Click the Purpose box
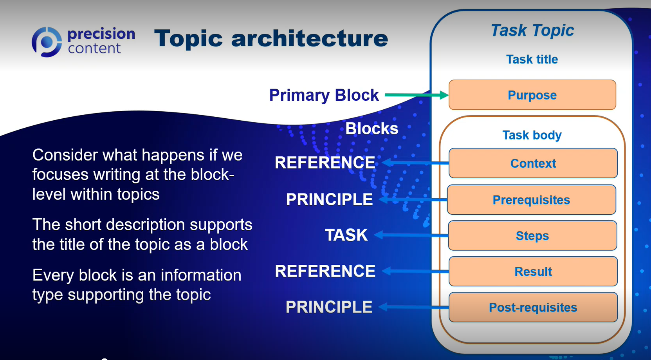[532, 95]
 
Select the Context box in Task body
[533, 163]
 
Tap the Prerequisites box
[532, 200]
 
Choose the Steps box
[532, 235]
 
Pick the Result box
[533, 271]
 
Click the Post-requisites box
[533, 308]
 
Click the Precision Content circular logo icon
[47, 42]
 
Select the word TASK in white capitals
[346, 235]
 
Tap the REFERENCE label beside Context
[325, 162]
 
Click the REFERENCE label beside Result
[325, 271]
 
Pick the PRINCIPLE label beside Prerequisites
[329, 199]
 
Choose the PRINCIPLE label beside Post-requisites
[329, 307]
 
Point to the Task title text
[532, 59]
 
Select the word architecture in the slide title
[310, 38]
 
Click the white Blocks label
[372, 128]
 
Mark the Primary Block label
[324, 95]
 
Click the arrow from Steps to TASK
[411, 235]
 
